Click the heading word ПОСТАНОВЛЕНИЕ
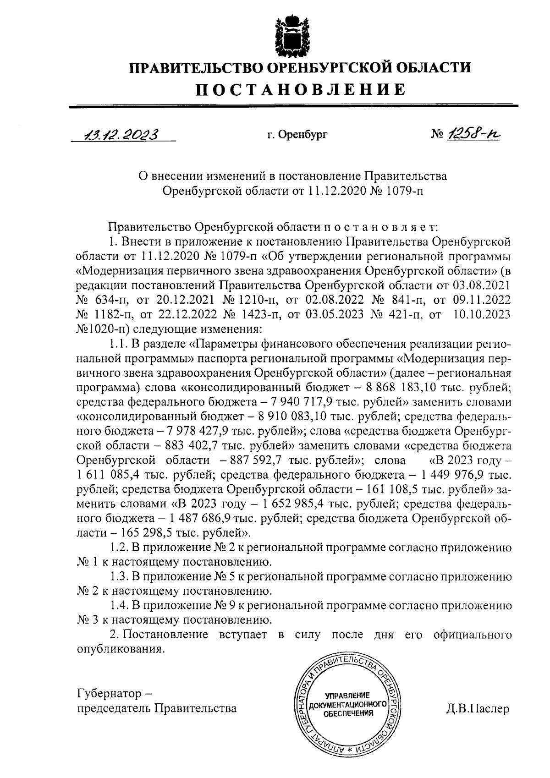300,89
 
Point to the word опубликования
119,649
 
